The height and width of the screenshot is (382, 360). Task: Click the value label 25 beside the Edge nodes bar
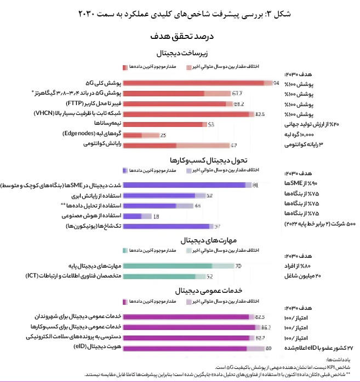pyautogui.click(x=163, y=135)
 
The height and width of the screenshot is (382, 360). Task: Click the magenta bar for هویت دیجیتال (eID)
pyautogui.click(x=186, y=348)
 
